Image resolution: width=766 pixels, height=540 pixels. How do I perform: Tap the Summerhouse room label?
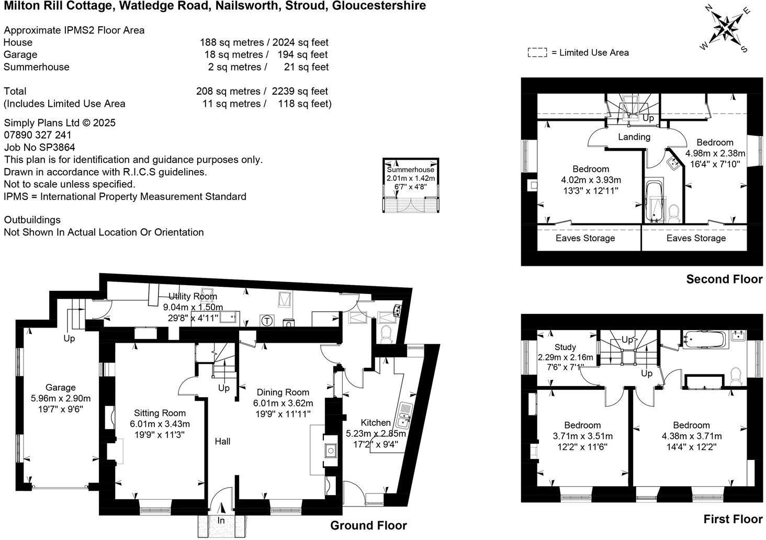tap(410, 170)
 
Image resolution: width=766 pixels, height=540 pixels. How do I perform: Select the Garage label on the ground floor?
tap(60, 388)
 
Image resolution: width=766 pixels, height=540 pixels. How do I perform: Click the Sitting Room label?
tap(160, 413)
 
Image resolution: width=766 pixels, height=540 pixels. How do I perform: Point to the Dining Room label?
tap(283, 392)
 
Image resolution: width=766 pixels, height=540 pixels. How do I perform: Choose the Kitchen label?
tap(376, 423)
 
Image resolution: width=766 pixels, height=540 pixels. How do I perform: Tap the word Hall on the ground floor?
tap(222, 442)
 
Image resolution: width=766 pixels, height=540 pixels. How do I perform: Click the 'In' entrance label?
tap(221, 521)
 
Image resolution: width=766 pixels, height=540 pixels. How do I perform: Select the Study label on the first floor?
tap(565, 347)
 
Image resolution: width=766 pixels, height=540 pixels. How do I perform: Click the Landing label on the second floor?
tap(634, 137)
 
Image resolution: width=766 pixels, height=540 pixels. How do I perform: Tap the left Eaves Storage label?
tap(585, 239)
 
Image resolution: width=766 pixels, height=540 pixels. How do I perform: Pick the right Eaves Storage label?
tap(696, 239)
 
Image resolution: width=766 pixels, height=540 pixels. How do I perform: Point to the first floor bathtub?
tap(703, 341)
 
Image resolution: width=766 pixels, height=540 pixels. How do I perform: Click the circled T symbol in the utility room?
tap(267, 320)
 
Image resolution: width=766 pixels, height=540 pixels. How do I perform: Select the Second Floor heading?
tap(724, 279)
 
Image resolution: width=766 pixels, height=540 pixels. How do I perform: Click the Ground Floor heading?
tap(368, 525)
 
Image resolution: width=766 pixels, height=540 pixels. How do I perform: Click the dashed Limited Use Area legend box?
tap(537, 52)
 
